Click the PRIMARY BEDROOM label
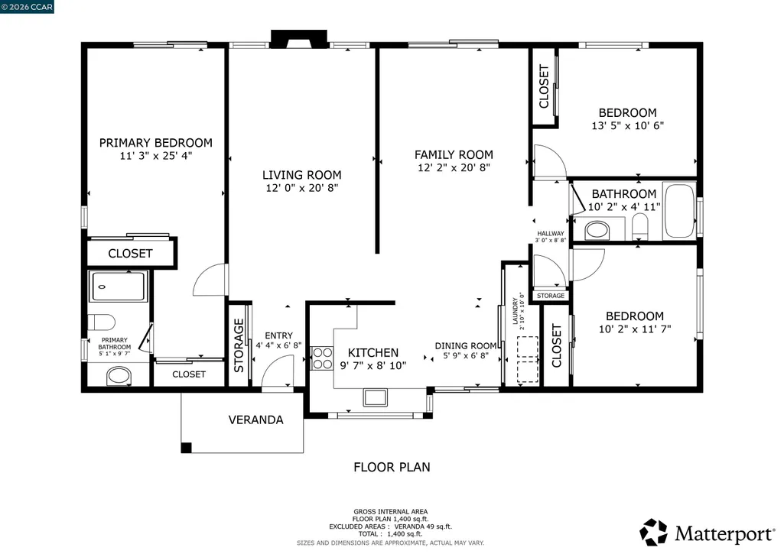[x=155, y=143]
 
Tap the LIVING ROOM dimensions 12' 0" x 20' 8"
[x=302, y=188]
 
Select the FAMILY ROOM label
[x=454, y=155]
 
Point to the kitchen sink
[x=375, y=397]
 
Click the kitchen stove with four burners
[x=322, y=358]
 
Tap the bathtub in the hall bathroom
[x=679, y=211]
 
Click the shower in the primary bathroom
[x=118, y=287]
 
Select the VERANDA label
[x=255, y=420]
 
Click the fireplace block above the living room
[x=299, y=38]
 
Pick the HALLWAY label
[x=551, y=233]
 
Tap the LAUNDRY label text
[x=515, y=311]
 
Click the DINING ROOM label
[x=466, y=345]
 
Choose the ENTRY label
[x=278, y=335]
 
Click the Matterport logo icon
[x=653, y=532]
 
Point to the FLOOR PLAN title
[x=392, y=467]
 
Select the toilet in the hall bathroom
[x=640, y=226]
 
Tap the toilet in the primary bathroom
[x=102, y=322]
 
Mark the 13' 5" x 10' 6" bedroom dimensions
[x=627, y=126]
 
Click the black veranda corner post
[x=186, y=448]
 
